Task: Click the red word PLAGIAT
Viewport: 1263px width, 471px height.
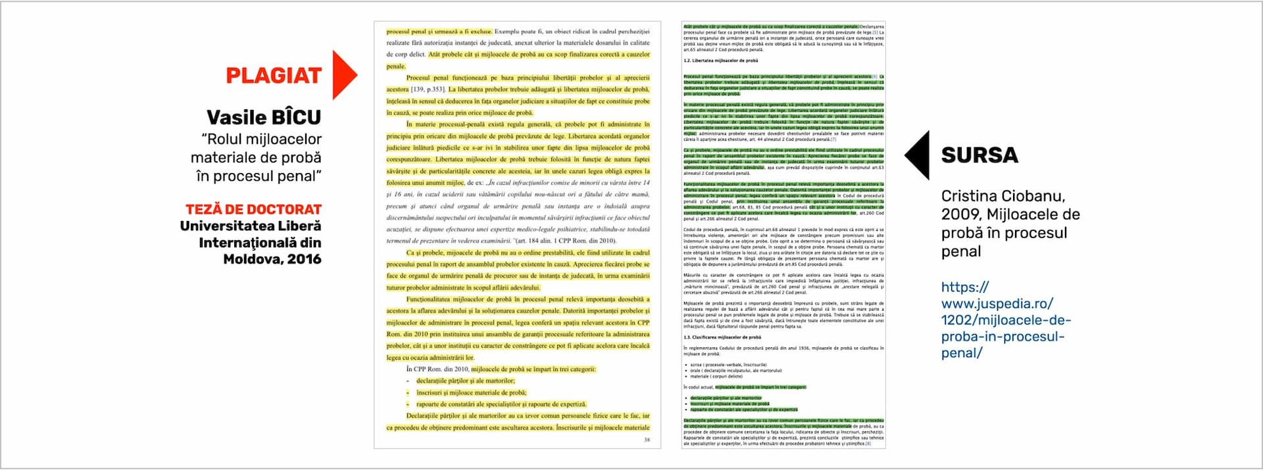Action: pyautogui.click(x=274, y=76)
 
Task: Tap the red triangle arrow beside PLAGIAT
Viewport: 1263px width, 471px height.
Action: pyautogui.click(x=343, y=75)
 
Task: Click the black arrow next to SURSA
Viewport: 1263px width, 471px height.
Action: pyautogui.click(x=919, y=155)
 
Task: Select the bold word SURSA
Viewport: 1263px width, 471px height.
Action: pyautogui.click(x=979, y=155)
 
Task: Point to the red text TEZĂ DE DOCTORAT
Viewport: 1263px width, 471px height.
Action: pyautogui.click(x=253, y=209)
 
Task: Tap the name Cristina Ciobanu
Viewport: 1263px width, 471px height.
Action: pyautogui.click(x=1003, y=196)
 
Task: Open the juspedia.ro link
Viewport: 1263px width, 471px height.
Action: pyautogui.click(x=1005, y=320)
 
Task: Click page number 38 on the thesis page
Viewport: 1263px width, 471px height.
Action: pyautogui.click(x=647, y=440)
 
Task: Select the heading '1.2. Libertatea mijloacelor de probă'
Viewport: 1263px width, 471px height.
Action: pyautogui.click(x=720, y=61)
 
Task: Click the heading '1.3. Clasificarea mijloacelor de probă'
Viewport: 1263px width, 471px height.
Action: pyautogui.click(x=722, y=337)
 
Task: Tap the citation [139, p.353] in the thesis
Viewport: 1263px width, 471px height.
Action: pyautogui.click(x=428, y=89)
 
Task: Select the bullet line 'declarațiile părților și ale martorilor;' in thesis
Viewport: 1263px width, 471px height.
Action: pyautogui.click(x=466, y=381)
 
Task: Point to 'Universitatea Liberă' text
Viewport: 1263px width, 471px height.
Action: pyautogui.click(x=251, y=226)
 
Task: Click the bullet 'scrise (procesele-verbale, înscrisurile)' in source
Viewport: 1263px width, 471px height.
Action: pyautogui.click(x=728, y=364)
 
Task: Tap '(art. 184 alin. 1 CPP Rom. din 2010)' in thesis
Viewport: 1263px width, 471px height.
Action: pyautogui.click(x=565, y=241)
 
